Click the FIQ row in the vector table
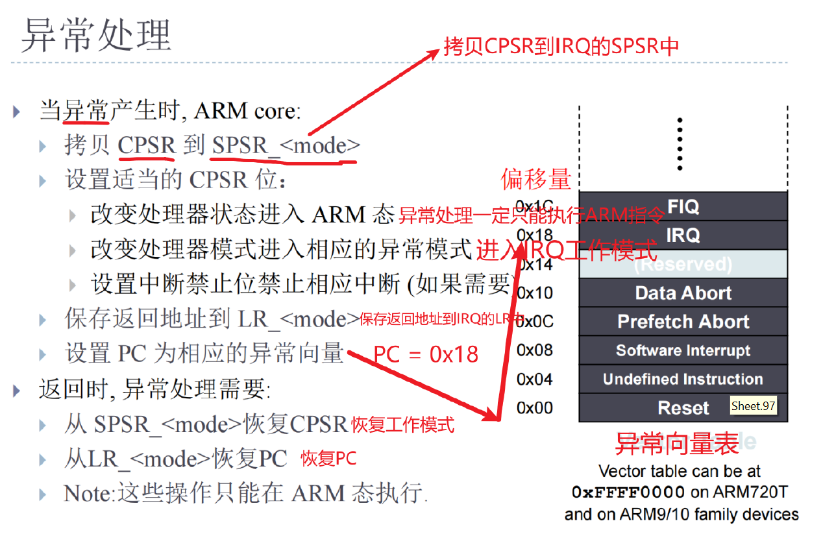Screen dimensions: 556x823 pyautogui.click(x=683, y=207)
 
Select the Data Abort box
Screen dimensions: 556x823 pyautogui.click(x=683, y=293)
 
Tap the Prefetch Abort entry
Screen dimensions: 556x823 pyautogui.click(x=683, y=322)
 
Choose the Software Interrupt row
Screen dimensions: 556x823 pyautogui.click(x=683, y=351)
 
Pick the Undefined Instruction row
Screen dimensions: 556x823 pyautogui.click(x=683, y=380)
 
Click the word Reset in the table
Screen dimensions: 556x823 pyautogui.click(x=683, y=408)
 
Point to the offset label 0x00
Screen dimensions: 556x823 pyautogui.click(x=535, y=408)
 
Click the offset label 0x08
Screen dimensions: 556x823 pyautogui.click(x=535, y=350)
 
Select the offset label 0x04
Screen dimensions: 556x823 pyautogui.click(x=535, y=379)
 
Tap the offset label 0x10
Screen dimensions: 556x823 pyautogui.click(x=535, y=293)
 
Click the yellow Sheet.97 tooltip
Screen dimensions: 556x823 pyautogui.click(x=753, y=407)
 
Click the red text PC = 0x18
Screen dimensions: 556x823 pyautogui.click(x=426, y=354)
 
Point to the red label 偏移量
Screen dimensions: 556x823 pyautogui.click(x=535, y=179)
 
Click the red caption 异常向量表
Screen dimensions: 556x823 pyautogui.click(x=676, y=444)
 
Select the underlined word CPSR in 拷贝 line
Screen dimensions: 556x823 pyautogui.click(x=147, y=145)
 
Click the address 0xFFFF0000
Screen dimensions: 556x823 pyautogui.click(x=628, y=492)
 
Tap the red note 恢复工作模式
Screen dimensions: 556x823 pyautogui.click(x=402, y=425)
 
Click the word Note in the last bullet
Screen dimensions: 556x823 pyautogui.click(x=88, y=493)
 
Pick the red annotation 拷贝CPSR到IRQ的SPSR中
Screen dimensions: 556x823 pyautogui.click(x=561, y=46)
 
